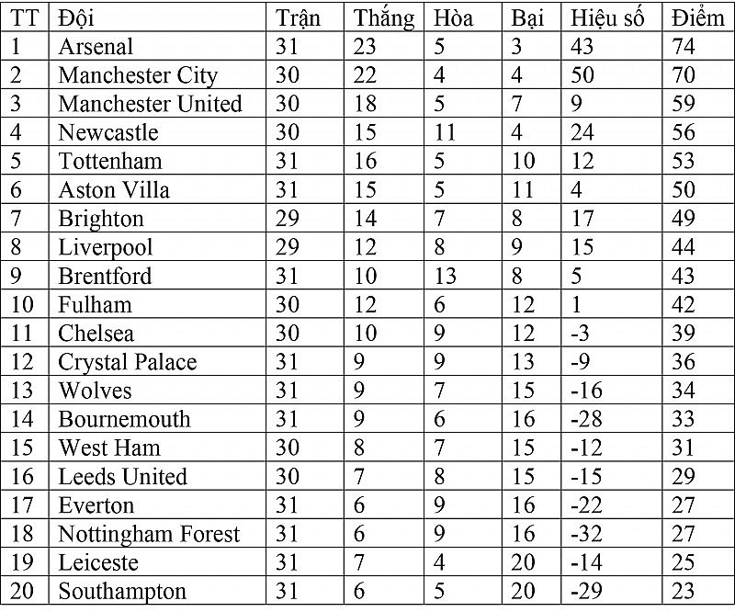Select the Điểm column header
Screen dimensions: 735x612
pos(697,17)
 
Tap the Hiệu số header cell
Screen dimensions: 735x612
pos(607,17)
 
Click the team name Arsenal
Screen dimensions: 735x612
pos(96,46)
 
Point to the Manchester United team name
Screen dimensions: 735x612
pos(150,104)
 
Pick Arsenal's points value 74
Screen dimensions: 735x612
pos(684,46)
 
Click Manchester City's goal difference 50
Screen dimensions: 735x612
pos(582,74)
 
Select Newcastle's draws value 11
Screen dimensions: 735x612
pos(445,132)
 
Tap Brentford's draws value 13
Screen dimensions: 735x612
pos(446,276)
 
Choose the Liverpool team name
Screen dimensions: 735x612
pos(106,247)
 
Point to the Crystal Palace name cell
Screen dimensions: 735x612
pos(128,362)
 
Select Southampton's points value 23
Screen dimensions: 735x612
pos(684,591)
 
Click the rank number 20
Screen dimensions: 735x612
pos(22,591)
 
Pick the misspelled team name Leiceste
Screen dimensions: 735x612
pos(98,562)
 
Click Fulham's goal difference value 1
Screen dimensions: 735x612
pos(576,304)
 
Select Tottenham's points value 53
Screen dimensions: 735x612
pos(684,161)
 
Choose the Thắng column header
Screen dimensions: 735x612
pos(384,17)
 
